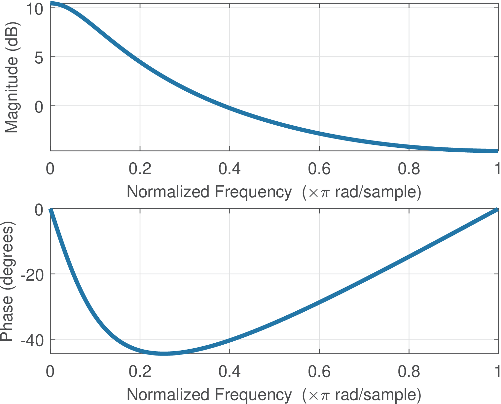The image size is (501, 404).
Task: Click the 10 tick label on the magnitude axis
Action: [34, 9]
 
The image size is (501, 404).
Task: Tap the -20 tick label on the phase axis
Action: [32, 275]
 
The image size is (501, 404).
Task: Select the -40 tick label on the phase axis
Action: [32, 340]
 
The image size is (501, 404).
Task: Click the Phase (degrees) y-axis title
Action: [7, 283]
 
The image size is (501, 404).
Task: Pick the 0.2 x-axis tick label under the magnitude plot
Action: [140, 169]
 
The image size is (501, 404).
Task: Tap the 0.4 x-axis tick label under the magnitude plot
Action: [230, 169]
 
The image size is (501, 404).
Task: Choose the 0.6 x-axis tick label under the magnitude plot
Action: [319, 169]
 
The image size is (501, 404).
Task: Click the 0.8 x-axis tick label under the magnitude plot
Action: [409, 169]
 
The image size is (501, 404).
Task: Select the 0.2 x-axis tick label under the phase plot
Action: [140, 372]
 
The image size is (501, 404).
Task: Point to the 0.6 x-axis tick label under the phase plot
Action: [319, 372]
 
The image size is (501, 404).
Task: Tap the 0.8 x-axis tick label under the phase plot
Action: [409, 372]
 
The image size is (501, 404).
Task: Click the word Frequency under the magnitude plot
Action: [253, 192]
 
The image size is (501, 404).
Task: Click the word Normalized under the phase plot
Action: [168, 395]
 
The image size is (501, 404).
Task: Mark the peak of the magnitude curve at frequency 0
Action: [51, 4]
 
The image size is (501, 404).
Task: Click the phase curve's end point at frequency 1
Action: [497, 209]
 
